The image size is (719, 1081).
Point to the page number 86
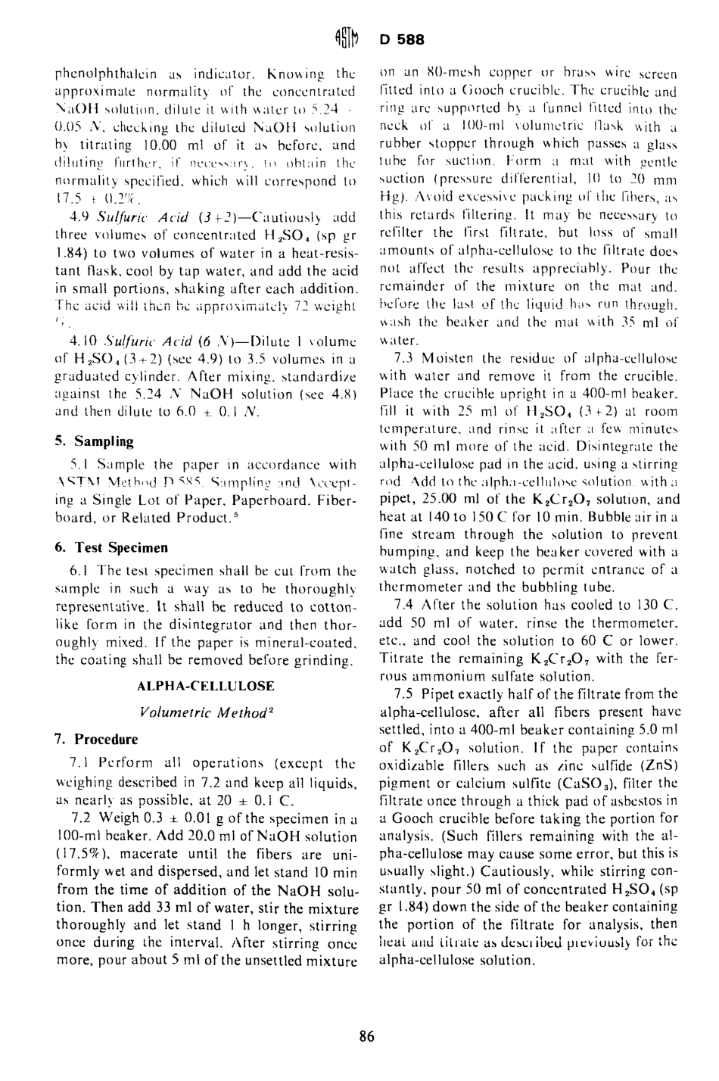click(x=367, y=1036)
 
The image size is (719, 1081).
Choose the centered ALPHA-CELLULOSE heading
click(x=206, y=686)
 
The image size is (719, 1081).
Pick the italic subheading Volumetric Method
click(x=205, y=712)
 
